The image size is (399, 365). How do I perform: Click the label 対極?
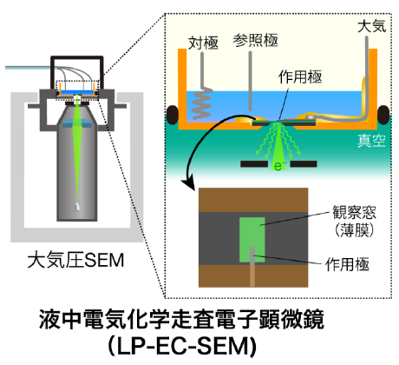point(203,41)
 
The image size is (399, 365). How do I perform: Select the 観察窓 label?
point(345,211)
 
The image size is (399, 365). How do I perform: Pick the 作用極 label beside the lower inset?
point(345,261)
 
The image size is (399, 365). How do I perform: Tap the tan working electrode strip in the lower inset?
point(251,269)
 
